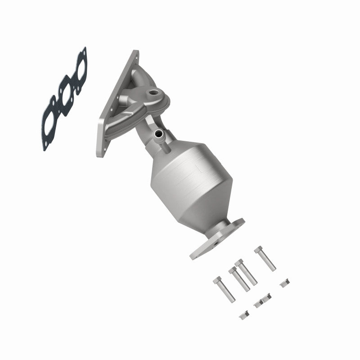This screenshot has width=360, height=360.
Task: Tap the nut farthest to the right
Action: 284,283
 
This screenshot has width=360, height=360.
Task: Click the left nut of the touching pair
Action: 258,304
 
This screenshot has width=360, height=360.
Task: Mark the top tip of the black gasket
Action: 84,49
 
